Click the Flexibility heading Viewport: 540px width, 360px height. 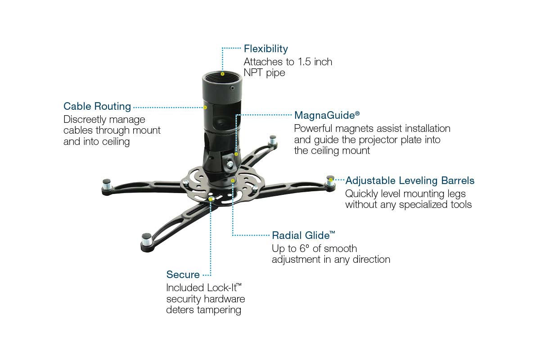coord(265,49)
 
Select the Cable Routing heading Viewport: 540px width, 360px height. coord(97,107)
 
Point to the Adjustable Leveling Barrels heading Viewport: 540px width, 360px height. coord(409,180)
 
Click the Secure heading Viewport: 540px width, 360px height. coord(183,274)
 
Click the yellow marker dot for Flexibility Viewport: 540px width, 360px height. coord(223,73)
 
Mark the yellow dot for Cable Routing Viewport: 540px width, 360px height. coord(205,107)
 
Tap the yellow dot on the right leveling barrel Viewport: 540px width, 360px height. coord(331,180)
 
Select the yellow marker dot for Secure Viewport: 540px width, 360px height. coord(211,198)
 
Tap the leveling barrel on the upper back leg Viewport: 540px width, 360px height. coord(272,140)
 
